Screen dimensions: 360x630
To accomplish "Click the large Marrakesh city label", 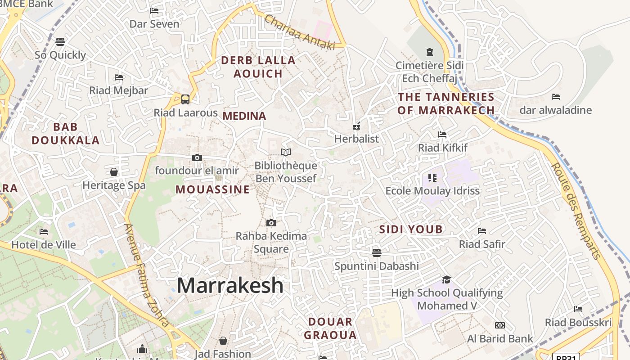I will click(230, 286).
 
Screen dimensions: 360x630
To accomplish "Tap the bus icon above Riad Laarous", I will click(185, 99).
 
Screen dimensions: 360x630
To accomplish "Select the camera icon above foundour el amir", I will click(197, 157).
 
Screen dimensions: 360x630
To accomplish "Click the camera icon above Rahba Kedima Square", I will click(271, 223).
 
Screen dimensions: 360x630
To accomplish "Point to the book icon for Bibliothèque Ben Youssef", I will click(286, 152).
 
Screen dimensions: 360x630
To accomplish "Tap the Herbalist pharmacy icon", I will click(356, 126).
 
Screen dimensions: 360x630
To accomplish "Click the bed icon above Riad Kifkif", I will click(442, 135).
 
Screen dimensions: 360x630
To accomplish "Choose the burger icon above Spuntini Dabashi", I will click(377, 252).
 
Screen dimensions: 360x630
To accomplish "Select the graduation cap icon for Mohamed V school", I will click(446, 279).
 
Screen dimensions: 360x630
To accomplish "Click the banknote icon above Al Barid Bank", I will click(499, 325).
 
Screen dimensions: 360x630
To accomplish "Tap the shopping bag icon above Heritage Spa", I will click(114, 172).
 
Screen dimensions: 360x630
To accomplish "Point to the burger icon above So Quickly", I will click(60, 42).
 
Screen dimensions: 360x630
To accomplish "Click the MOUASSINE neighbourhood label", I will click(212, 189).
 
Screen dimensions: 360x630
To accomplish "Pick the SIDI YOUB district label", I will click(411, 229).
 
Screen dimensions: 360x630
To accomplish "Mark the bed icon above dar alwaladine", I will click(556, 97).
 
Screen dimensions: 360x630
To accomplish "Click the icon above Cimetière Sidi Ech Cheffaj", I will click(429, 52).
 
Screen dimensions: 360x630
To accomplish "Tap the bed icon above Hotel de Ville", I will click(44, 232).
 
